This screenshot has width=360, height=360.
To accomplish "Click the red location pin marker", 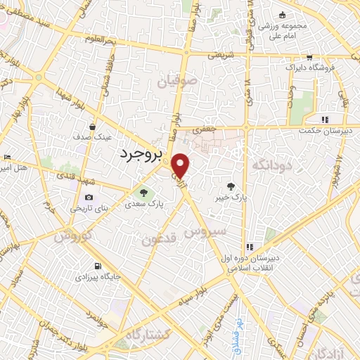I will click(x=181, y=166).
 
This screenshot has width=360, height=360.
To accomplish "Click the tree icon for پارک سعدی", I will click(x=143, y=192).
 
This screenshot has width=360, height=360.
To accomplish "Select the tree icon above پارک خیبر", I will click(x=231, y=186).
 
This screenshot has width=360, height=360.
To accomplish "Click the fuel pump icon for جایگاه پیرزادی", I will click(x=97, y=266).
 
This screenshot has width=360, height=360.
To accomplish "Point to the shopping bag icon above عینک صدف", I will click(x=93, y=127).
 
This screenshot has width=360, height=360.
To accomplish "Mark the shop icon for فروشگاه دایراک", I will click(x=309, y=58).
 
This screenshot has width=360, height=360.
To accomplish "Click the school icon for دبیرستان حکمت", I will click(x=325, y=120).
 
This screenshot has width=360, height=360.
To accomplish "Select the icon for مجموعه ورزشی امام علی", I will click(x=283, y=16).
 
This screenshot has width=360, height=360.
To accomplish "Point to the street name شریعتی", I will click(x=218, y=54).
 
